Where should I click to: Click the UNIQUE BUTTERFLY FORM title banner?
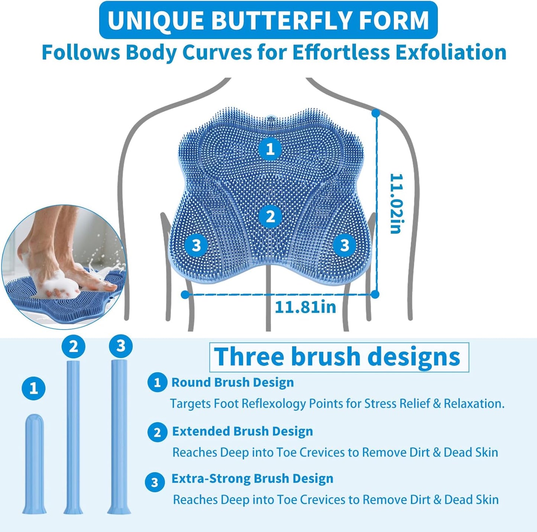click(268, 20)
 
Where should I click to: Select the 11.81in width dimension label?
click(305, 307)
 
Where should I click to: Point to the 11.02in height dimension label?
click(396, 203)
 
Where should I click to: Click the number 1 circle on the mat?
click(270, 149)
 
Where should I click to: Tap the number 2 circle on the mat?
click(270, 216)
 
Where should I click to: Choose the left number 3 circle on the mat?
click(196, 245)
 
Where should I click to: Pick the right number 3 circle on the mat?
click(344, 245)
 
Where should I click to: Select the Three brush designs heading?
click(339, 357)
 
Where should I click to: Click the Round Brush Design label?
click(232, 382)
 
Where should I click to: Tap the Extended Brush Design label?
click(242, 431)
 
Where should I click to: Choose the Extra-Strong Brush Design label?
click(252, 479)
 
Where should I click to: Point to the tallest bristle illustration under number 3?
click(119, 437)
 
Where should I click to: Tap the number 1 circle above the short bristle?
click(33, 389)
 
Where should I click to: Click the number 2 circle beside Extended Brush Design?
click(157, 432)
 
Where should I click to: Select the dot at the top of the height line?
click(376, 113)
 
